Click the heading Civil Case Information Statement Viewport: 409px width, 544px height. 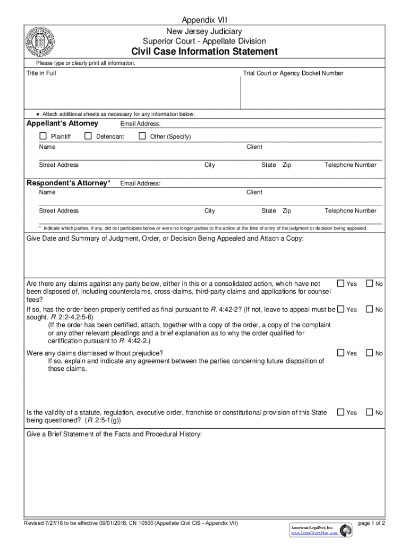coord(204,52)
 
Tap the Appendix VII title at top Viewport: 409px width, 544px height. coord(204,20)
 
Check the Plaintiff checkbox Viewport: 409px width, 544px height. coord(43,137)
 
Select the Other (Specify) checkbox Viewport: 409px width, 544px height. coord(142,137)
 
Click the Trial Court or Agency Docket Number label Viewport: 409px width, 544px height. coord(293,73)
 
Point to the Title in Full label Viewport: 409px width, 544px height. coord(41,73)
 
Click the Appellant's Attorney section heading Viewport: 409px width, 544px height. coord(63,123)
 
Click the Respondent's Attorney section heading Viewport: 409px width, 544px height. coord(69,183)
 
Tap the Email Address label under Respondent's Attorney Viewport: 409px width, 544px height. coord(140,184)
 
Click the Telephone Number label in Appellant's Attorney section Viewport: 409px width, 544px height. coord(350,165)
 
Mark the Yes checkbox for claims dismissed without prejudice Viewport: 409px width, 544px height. coord(341,353)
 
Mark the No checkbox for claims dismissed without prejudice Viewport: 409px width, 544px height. coord(370,353)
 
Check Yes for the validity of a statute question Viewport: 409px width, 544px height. coord(341,412)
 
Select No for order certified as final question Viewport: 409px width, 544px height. coord(370,309)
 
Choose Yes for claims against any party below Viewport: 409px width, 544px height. coord(341,284)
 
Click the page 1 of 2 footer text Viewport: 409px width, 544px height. coord(371,523)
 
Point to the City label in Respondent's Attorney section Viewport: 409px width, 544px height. coord(210,211)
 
